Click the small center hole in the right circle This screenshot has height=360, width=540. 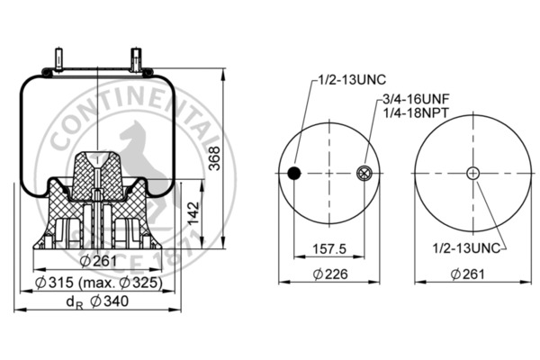[472, 173]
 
